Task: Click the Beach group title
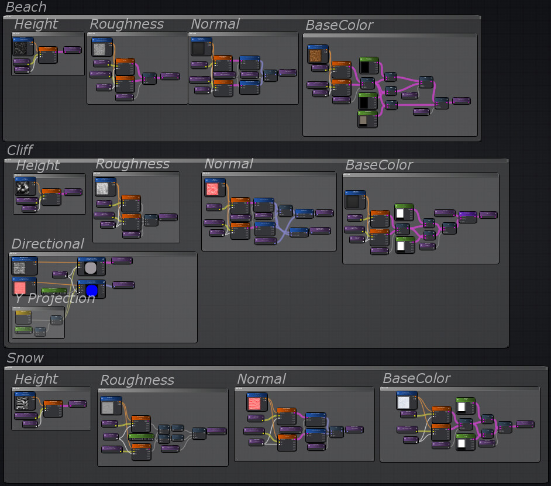tap(26, 7)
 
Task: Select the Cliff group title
tap(20, 150)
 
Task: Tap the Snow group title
tap(25, 357)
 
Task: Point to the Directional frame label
tap(48, 244)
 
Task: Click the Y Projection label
tap(54, 298)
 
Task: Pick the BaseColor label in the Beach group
tap(339, 25)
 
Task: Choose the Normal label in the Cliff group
tap(229, 164)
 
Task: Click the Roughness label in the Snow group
tap(137, 380)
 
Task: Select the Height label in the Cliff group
tap(37, 166)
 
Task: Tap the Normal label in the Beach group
tap(215, 24)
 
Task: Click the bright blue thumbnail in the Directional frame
tap(91, 289)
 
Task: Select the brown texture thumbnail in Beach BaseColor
tap(317, 56)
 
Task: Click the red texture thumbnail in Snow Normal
tap(256, 404)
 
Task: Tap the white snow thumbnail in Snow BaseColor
tap(406, 402)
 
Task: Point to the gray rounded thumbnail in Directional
tap(91, 268)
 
